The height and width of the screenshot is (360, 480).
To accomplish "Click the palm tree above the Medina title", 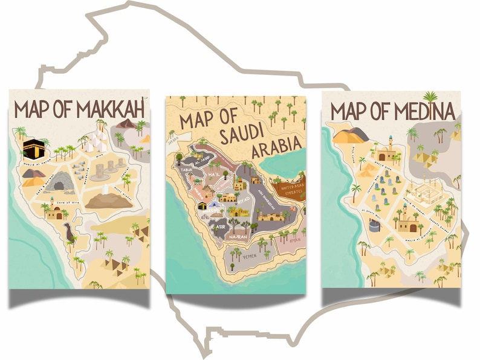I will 430,97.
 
